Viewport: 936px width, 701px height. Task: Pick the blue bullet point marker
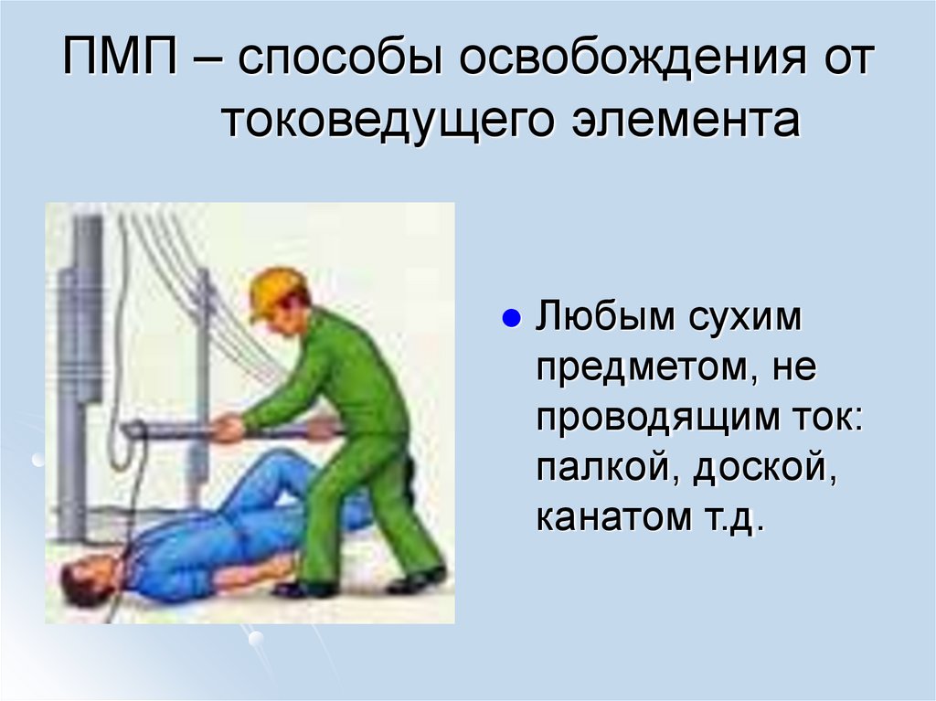tap(512, 322)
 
